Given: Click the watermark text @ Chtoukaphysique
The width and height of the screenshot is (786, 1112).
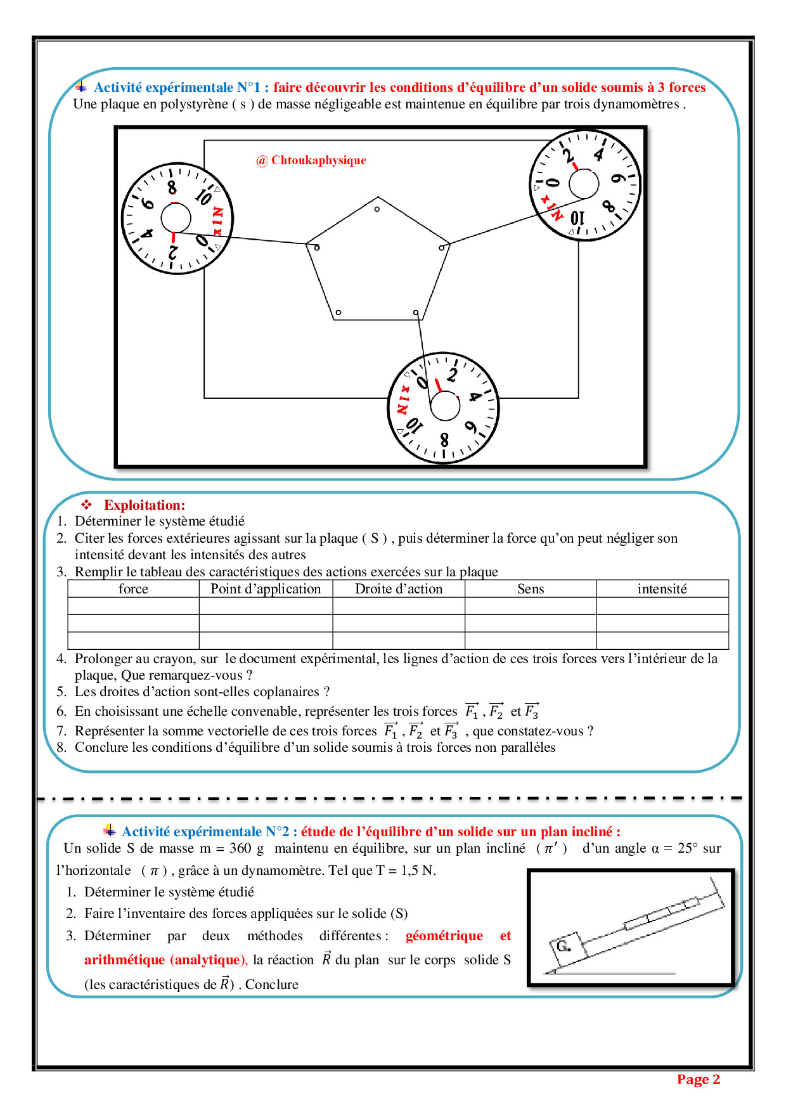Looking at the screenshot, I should tap(311, 160).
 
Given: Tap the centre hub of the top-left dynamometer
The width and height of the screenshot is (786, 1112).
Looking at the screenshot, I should tap(176, 218).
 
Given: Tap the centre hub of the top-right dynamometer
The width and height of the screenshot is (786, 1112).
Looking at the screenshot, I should tap(584, 184).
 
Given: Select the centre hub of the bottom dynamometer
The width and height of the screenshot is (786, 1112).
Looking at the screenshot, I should tap(445, 406).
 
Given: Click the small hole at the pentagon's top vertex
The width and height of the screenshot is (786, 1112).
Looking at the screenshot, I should tap(377, 209).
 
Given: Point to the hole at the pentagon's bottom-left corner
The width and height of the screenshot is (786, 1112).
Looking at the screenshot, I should tap(338, 313).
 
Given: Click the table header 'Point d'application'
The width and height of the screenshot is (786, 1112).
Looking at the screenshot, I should tap(266, 589).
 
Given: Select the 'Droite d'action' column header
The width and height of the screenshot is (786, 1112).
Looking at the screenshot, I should tap(399, 589).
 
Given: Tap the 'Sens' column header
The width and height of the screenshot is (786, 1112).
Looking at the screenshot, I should tap(531, 589).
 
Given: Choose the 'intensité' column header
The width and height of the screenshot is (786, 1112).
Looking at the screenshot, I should tap(662, 589).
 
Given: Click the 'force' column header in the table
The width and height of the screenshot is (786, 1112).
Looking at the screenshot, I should tap(133, 589).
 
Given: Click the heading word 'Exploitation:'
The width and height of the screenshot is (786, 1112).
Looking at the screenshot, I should tap(145, 505).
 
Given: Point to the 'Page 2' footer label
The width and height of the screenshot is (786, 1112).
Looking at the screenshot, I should tap(698, 1080).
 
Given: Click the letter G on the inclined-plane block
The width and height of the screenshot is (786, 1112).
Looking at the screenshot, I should tap(562, 946).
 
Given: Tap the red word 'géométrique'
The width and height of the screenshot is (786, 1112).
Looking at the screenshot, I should tap(444, 936).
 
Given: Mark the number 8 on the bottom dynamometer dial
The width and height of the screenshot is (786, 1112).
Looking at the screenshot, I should tap(444, 439).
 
